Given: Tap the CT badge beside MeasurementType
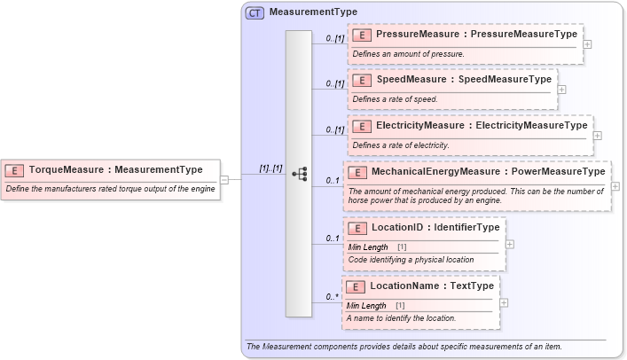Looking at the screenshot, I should [x=255, y=13].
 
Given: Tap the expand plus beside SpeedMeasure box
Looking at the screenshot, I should [x=562, y=89].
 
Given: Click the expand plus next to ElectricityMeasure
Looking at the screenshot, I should [x=597, y=136].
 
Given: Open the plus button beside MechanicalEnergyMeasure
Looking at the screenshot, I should [x=615, y=186].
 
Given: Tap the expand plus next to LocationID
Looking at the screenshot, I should [x=510, y=244].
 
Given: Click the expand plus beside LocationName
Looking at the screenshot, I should [x=505, y=302].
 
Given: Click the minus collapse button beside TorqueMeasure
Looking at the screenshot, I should [x=224, y=179].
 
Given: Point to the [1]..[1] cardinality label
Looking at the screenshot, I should [x=270, y=168].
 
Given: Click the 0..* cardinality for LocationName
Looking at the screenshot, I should [x=333, y=297].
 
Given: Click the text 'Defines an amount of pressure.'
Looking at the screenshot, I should [x=408, y=54].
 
